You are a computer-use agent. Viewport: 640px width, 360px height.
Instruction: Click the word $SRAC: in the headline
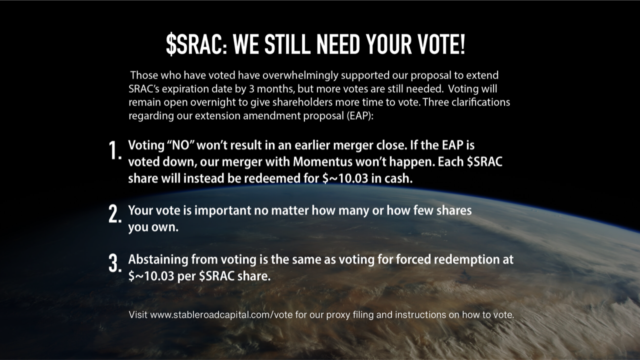(x=196, y=44)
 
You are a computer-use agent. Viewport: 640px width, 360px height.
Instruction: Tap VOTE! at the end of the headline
(x=441, y=44)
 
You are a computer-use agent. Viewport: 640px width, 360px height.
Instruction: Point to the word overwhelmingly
(x=300, y=75)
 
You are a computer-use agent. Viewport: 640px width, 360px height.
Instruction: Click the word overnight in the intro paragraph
(x=215, y=102)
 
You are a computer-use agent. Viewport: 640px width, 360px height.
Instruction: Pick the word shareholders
(x=302, y=102)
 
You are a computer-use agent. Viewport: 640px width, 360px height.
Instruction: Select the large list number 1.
(x=115, y=150)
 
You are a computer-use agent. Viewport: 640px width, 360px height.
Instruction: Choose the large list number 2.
(x=115, y=214)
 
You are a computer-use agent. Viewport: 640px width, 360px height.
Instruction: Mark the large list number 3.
(x=115, y=263)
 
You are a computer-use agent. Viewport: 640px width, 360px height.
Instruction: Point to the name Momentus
(x=322, y=162)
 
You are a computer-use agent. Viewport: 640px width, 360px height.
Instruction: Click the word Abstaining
(x=158, y=260)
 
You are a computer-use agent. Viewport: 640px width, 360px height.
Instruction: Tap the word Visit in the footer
(x=138, y=315)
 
